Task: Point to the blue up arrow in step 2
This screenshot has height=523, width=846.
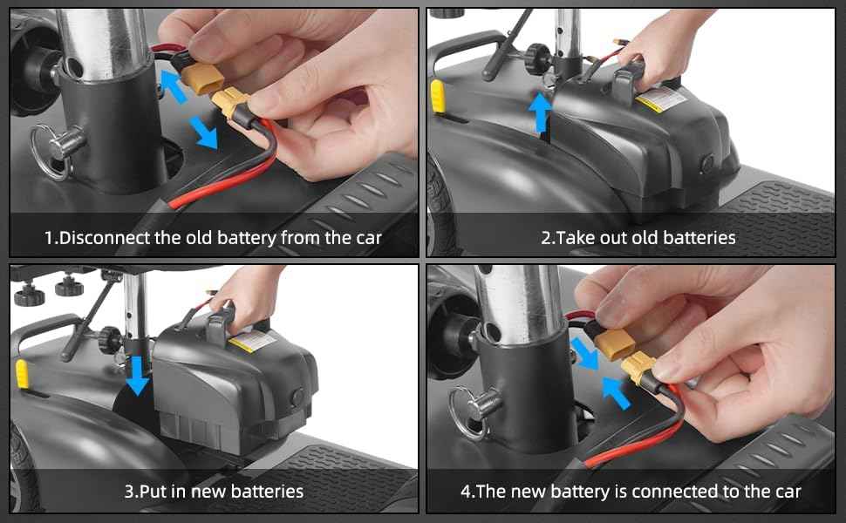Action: coord(542,112)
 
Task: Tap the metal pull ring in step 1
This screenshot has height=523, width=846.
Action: coord(48,151)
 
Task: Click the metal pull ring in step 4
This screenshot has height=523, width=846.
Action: coord(467,410)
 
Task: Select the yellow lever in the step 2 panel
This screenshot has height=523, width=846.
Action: coord(439,96)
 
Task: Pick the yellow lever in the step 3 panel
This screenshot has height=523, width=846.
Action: coord(21,373)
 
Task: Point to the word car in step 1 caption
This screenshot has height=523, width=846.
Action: coord(366,237)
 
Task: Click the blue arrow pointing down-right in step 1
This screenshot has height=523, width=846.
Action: coord(204,132)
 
